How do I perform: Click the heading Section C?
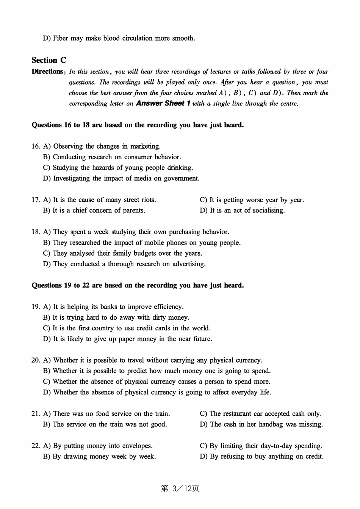pyautogui.click(x=49, y=60)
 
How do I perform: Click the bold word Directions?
pyautogui.click(x=47, y=71)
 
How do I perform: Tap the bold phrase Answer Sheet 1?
pyautogui.click(x=163, y=103)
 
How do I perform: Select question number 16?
pyautogui.click(x=36, y=146)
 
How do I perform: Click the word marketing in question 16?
pyautogui.click(x=145, y=146)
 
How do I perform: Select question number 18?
pyautogui.click(x=36, y=232)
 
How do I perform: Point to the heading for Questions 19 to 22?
pyautogui.click(x=138, y=285)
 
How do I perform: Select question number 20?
pyautogui.click(x=36, y=360)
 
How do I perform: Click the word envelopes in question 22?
pyautogui.click(x=136, y=446)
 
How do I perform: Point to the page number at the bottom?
pyautogui.click(x=180, y=489)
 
